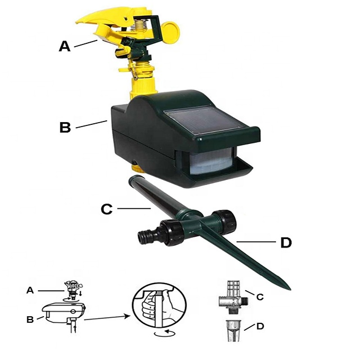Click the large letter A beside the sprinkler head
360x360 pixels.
point(65,46)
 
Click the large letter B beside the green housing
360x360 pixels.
point(66,127)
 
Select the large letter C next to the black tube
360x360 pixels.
point(107,209)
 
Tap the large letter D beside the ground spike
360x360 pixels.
point(286,243)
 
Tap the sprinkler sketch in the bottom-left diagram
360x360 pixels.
point(71,285)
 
